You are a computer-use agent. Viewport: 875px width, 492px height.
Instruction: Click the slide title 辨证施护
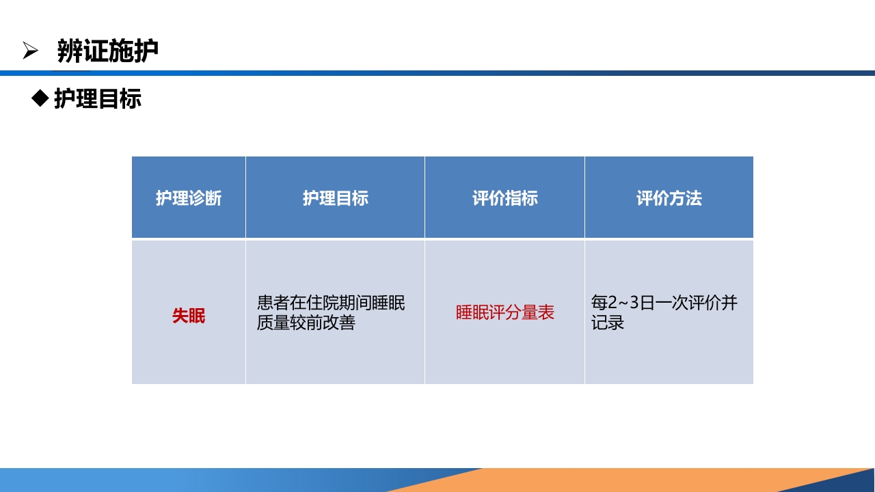(108, 51)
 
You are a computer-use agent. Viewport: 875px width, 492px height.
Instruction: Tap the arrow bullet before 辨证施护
(30, 51)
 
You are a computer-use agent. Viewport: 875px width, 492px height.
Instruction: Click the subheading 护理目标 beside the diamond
(98, 99)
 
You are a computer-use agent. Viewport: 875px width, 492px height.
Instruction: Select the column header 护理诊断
(189, 198)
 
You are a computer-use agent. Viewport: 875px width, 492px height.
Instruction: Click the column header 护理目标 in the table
(335, 198)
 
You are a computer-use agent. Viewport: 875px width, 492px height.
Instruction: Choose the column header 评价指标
(504, 198)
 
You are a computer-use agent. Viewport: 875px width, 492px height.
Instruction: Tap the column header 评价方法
(669, 198)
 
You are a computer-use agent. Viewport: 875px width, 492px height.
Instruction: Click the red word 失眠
(189, 316)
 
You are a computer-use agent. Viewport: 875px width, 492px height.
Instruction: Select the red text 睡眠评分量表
(504, 313)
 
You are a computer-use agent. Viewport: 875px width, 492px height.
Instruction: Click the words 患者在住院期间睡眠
(331, 303)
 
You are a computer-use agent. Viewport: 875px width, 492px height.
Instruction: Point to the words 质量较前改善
(306, 323)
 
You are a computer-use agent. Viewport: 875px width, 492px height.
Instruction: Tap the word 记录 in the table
(608, 323)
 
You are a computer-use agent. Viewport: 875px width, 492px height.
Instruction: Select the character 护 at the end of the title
(146, 51)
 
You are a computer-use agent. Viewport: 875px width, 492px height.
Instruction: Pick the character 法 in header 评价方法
(694, 198)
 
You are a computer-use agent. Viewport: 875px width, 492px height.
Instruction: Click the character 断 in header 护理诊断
(213, 198)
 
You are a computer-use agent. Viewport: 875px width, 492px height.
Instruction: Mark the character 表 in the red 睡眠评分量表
(546, 313)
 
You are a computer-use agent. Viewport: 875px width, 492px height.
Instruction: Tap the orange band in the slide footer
(615, 480)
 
